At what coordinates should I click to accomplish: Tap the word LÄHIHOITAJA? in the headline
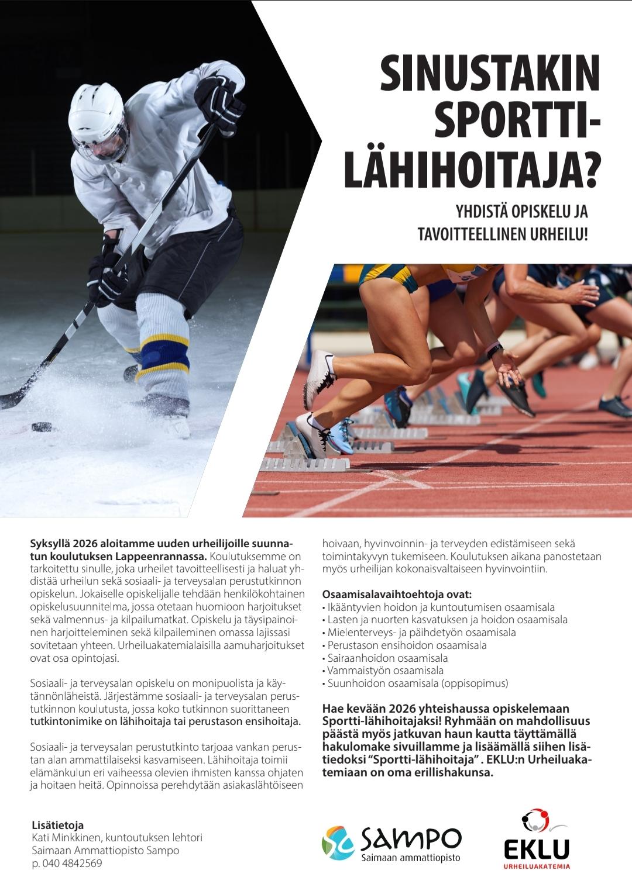tap(473, 170)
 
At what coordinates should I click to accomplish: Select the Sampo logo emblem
tap(338, 845)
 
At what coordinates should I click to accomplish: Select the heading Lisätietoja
tap(58, 826)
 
